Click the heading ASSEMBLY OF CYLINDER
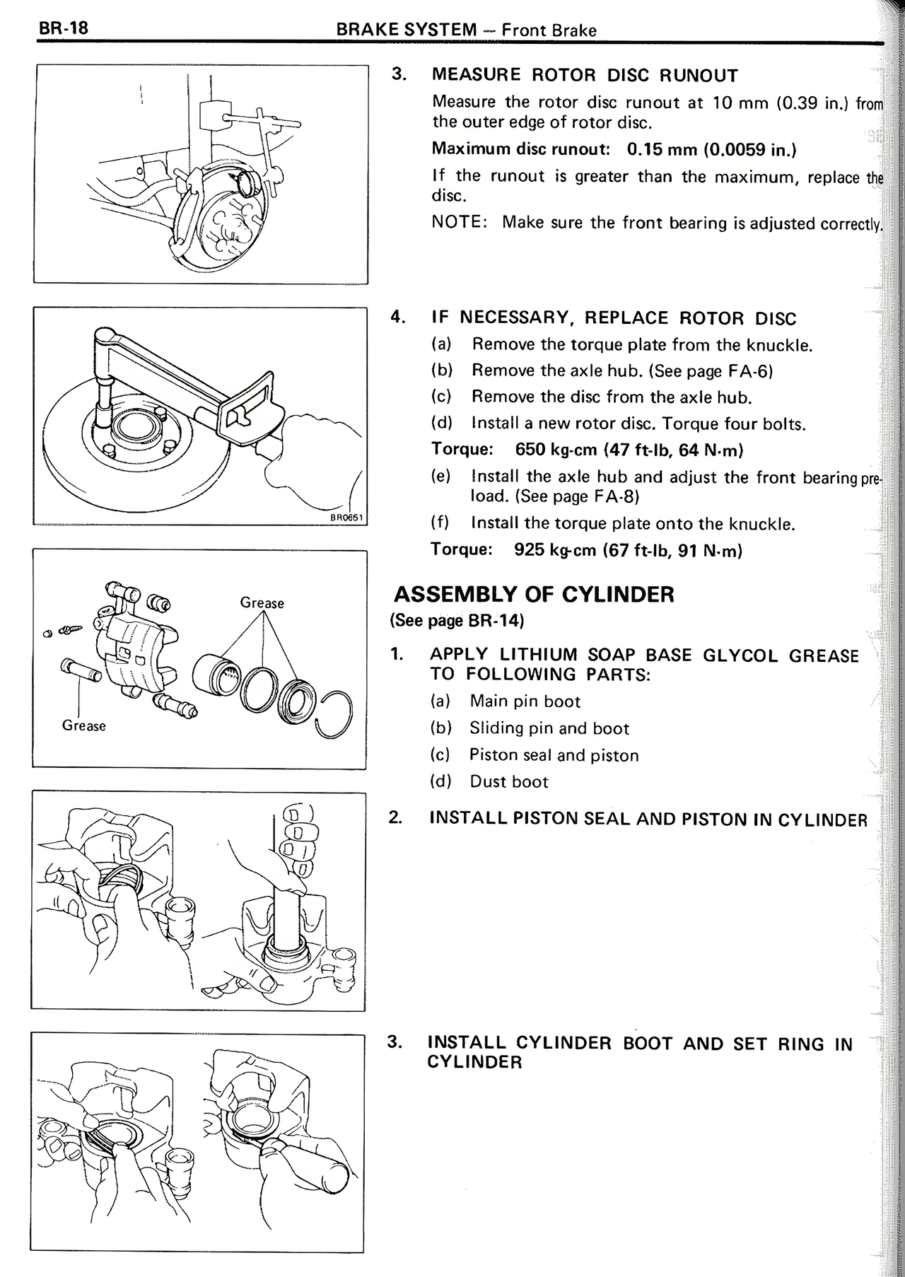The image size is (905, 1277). (533, 594)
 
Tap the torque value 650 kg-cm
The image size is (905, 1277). (556, 450)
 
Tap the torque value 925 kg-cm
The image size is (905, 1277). (555, 550)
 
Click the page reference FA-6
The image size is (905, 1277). (742, 371)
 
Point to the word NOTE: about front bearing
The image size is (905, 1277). (459, 223)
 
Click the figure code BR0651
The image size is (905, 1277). (347, 518)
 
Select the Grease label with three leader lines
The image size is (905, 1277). (262, 603)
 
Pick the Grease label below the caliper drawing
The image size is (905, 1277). (83, 725)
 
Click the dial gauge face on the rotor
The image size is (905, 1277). (248, 185)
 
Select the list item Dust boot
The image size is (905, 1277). (508, 781)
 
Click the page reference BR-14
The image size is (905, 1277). (494, 621)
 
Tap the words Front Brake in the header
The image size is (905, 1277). (549, 30)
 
